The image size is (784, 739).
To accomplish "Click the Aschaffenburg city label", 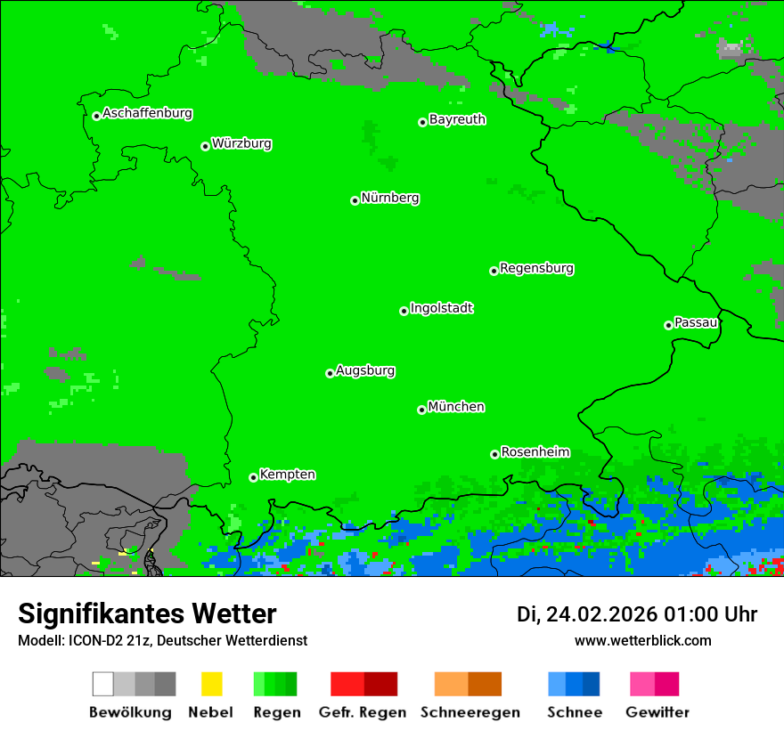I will click(147, 113).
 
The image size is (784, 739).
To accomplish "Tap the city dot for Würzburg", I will click(205, 146).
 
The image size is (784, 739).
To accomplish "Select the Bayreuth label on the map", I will click(457, 119).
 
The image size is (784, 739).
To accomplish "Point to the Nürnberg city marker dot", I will click(355, 200).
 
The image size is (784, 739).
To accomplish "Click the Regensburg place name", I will click(536, 268).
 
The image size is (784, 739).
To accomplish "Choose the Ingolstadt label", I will click(441, 308).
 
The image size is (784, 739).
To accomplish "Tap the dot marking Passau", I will click(668, 325).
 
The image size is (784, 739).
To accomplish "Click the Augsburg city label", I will click(365, 370).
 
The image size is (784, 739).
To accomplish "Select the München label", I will click(456, 407).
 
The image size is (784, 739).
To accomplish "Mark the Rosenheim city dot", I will click(494, 454).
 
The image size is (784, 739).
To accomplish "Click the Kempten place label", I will click(287, 475).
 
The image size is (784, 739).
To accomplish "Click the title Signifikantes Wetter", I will click(147, 613).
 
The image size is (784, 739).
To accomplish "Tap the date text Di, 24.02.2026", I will click(586, 614).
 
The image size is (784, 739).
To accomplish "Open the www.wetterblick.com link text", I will click(642, 640).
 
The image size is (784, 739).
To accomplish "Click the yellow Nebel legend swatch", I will click(211, 684).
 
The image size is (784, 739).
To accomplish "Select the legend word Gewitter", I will click(657, 712).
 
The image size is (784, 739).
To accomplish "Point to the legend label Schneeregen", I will click(470, 712).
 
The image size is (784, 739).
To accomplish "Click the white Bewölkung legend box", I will click(103, 684).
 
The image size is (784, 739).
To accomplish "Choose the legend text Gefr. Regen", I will click(362, 712).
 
